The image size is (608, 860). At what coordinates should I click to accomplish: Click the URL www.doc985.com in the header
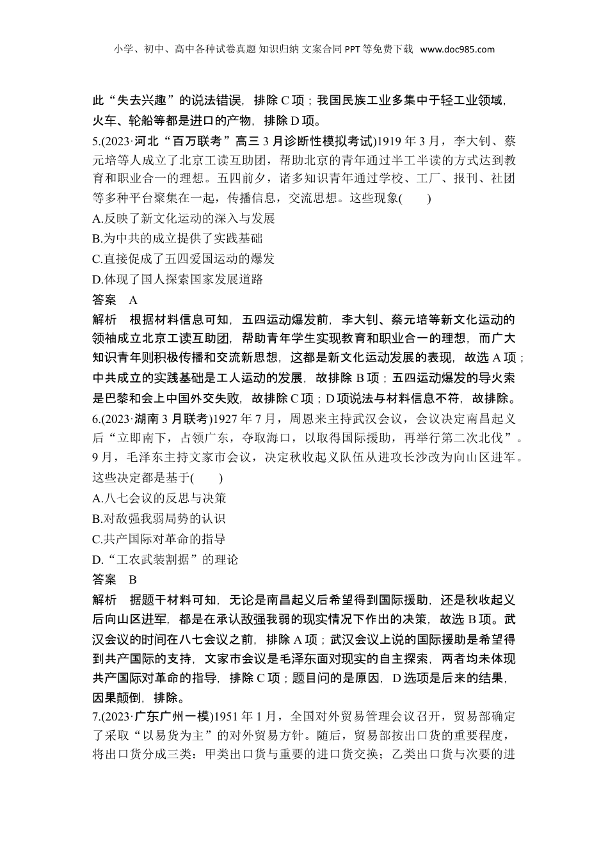coord(458,49)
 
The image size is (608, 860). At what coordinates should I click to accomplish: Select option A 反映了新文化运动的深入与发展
coord(184,219)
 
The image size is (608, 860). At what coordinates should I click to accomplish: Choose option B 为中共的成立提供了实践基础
coord(177,239)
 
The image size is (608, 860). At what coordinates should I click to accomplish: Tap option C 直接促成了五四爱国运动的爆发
coord(183,259)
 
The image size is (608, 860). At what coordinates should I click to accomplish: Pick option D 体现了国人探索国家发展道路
coord(178,280)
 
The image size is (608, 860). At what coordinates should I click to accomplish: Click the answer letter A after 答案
coord(133,299)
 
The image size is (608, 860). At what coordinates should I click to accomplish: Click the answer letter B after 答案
coord(133,580)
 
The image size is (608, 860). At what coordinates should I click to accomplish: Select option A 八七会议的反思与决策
coord(159,498)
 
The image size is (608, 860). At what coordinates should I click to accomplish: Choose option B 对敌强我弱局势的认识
coord(159,519)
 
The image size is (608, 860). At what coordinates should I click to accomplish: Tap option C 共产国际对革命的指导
coord(159,539)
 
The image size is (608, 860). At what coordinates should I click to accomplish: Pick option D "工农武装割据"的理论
coord(165,560)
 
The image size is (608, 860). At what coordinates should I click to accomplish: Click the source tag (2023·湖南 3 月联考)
coord(156,419)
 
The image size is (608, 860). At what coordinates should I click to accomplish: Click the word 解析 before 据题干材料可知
coord(104,600)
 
